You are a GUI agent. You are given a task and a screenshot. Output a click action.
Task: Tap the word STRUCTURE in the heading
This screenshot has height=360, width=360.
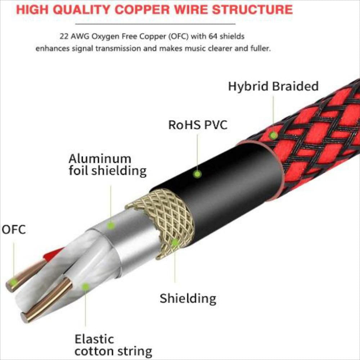click(252, 10)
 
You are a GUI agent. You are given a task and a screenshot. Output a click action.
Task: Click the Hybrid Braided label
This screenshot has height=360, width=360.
click(273, 86)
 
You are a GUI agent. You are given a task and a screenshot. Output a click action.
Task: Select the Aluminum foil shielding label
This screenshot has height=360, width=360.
click(107, 165)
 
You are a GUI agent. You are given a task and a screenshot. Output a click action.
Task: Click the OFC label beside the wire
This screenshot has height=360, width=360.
click(14, 229)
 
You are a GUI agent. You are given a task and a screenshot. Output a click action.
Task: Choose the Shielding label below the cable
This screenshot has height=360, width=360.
click(188, 298)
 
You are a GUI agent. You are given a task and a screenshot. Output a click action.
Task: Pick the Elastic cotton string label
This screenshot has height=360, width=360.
click(113, 345)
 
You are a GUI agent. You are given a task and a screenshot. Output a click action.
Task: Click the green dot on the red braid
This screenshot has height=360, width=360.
click(274, 135)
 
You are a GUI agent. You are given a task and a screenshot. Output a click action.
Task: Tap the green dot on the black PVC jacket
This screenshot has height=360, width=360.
click(197, 174)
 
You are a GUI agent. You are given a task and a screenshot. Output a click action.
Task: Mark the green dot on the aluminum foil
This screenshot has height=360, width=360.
click(111, 226)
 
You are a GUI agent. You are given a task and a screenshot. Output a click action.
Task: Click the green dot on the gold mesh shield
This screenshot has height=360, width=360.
click(175, 242)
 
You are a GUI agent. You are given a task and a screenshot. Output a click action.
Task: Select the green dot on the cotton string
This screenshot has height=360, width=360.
click(85, 287)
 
